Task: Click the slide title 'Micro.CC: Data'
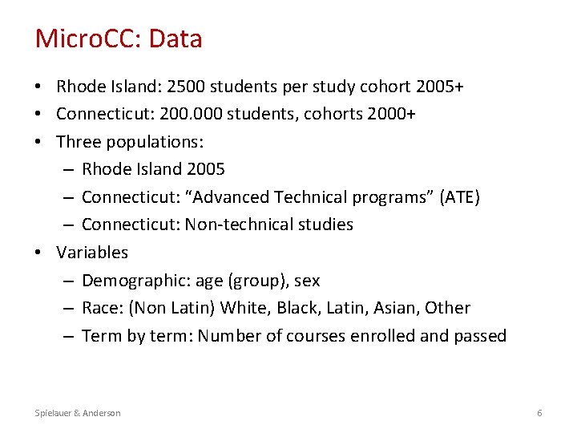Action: [119, 38]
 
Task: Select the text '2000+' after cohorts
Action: [391, 114]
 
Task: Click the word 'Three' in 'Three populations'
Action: [79, 142]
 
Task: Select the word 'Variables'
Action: [92, 253]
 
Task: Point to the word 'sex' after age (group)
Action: [307, 281]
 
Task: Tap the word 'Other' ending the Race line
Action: [449, 308]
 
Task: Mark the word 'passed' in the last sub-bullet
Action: [479, 336]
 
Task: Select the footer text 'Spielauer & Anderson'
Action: [78, 413]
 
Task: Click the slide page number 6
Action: [539, 413]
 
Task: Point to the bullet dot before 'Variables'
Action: [39, 253]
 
